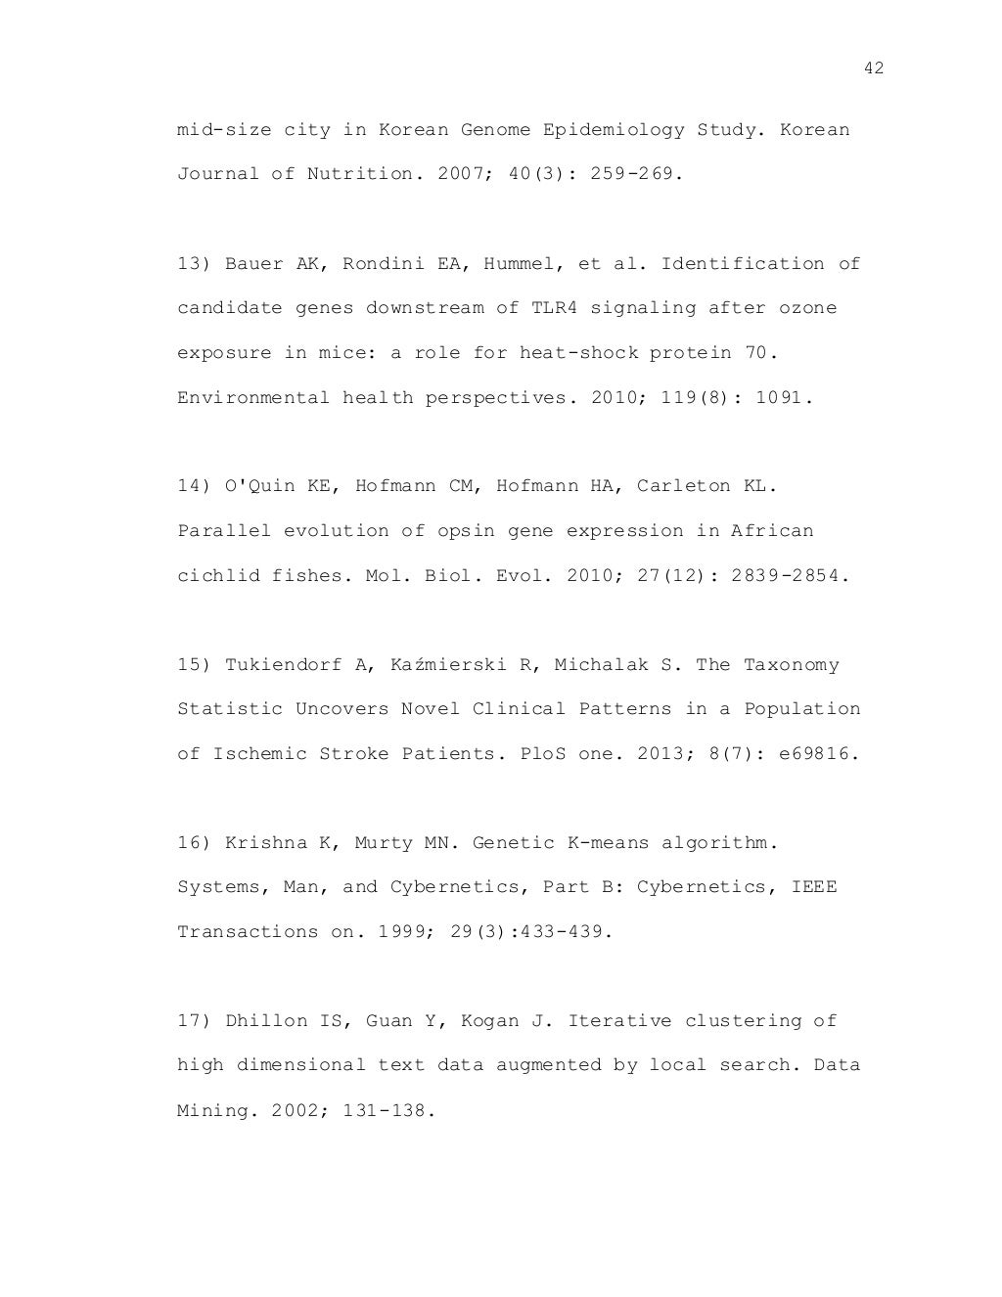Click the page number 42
click(874, 67)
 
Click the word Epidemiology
click(614, 130)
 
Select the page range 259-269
click(631, 174)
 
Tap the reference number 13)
click(195, 264)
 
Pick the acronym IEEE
click(814, 887)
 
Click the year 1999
click(401, 932)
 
